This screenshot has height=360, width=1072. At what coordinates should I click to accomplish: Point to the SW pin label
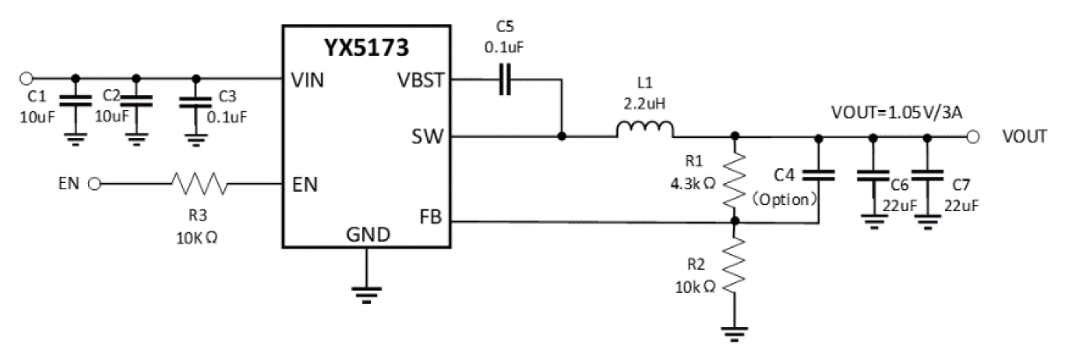[428, 137]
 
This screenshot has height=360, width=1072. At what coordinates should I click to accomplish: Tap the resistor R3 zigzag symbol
[199, 185]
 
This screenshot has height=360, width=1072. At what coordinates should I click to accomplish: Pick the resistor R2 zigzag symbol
[734, 264]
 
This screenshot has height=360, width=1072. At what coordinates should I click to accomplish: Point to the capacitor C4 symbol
[817, 175]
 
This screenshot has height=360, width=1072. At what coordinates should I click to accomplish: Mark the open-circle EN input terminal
[95, 185]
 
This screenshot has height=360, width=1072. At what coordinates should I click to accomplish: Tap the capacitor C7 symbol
[926, 175]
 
